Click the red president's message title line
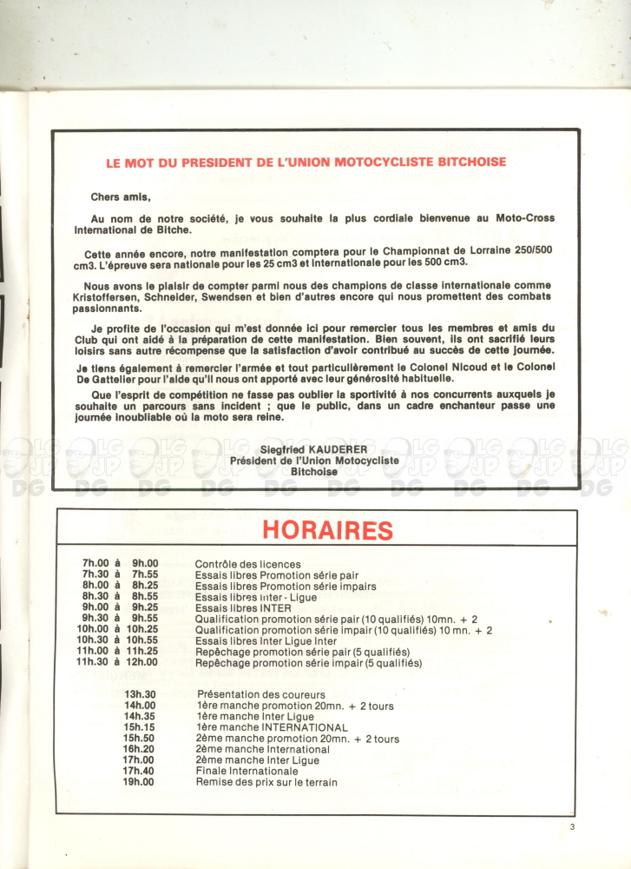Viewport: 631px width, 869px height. [306, 162]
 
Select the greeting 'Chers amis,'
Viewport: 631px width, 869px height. [121, 197]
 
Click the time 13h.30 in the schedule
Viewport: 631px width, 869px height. [140, 694]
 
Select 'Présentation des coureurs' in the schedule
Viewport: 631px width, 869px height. [261, 694]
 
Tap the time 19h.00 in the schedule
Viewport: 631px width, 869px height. [139, 782]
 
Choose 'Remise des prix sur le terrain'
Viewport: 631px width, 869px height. [266, 782]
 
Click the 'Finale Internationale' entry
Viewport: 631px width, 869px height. [246, 771]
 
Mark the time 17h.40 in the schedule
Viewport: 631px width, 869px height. [139, 771]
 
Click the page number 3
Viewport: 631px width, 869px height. [573, 826]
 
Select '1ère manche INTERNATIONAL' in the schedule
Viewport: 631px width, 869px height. [272, 727]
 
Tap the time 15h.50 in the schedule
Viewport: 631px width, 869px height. [139, 739]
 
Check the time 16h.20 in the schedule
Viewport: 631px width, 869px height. [139, 749]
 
